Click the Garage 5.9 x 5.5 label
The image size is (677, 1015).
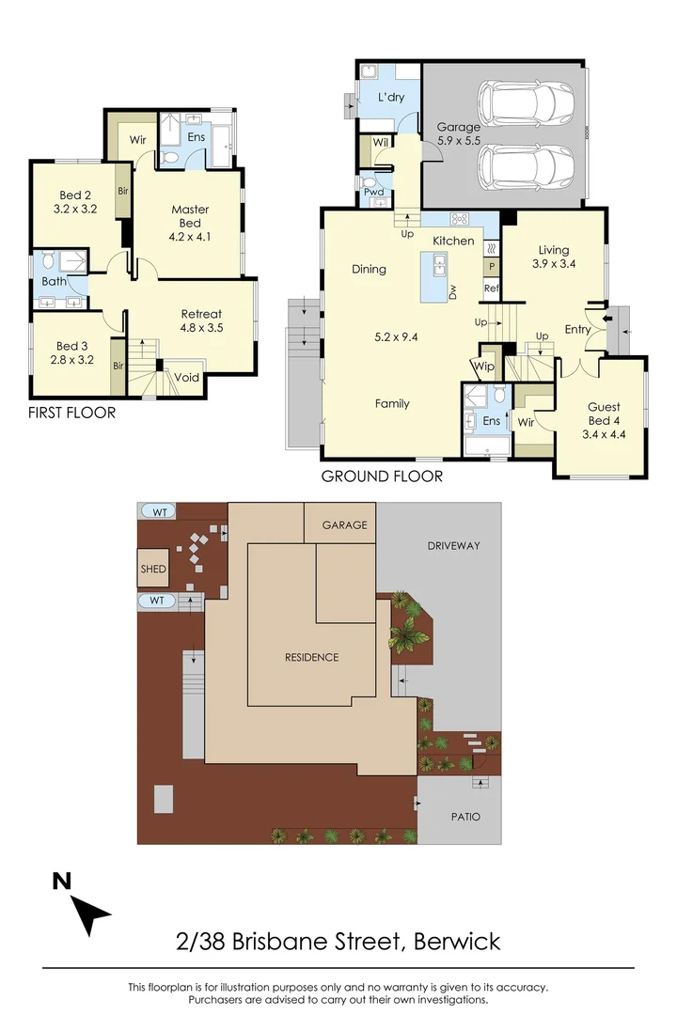[x=459, y=133]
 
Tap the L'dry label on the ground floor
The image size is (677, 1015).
[x=391, y=97]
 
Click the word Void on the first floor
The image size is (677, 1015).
[x=187, y=378]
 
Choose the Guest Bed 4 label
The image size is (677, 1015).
[x=604, y=420]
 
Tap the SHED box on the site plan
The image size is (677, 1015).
[x=153, y=570]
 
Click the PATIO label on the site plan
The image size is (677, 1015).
[x=461, y=817]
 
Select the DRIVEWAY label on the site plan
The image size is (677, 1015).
[x=453, y=545]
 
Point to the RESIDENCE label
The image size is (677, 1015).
[x=311, y=657]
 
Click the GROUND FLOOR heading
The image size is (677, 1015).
[x=382, y=476]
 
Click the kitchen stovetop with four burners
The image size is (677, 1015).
[x=460, y=219]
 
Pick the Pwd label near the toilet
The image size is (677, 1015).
[x=373, y=193]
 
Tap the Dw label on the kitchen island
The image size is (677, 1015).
[x=452, y=293]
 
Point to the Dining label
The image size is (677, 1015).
[x=369, y=270]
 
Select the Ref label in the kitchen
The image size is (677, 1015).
[x=490, y=289]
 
